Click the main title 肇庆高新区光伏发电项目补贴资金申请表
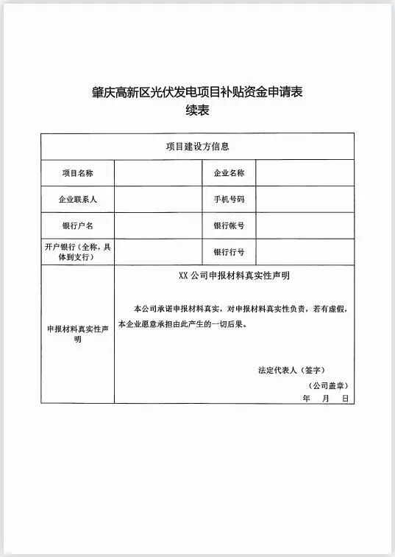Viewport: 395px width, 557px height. point(197,93)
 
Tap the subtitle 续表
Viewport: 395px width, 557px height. point(197,111)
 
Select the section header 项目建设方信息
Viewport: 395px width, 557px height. point(197,146)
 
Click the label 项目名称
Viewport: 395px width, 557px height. point(77,173)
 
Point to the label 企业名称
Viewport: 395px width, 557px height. point(229,173)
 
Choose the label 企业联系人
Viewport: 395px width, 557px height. point(77,200)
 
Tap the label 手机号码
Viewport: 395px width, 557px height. point(229,200)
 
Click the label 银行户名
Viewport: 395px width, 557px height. point(77,225)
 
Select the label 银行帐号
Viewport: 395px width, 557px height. point(229,225)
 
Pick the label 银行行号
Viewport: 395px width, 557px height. point(229,252)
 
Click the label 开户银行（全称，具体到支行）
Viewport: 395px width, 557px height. point(77,252)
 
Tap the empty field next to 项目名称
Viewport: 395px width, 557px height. point(158,173)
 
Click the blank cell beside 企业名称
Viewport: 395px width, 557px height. point(305,173)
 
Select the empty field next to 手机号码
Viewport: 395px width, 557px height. point(305,200)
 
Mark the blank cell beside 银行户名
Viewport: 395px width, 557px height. point(158,225)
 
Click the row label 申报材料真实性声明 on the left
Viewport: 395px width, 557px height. point(77,334)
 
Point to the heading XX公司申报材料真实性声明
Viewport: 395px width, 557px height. point(234,276)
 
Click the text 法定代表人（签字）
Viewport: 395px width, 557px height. point(291,369)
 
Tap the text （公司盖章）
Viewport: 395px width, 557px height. point(327,385)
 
